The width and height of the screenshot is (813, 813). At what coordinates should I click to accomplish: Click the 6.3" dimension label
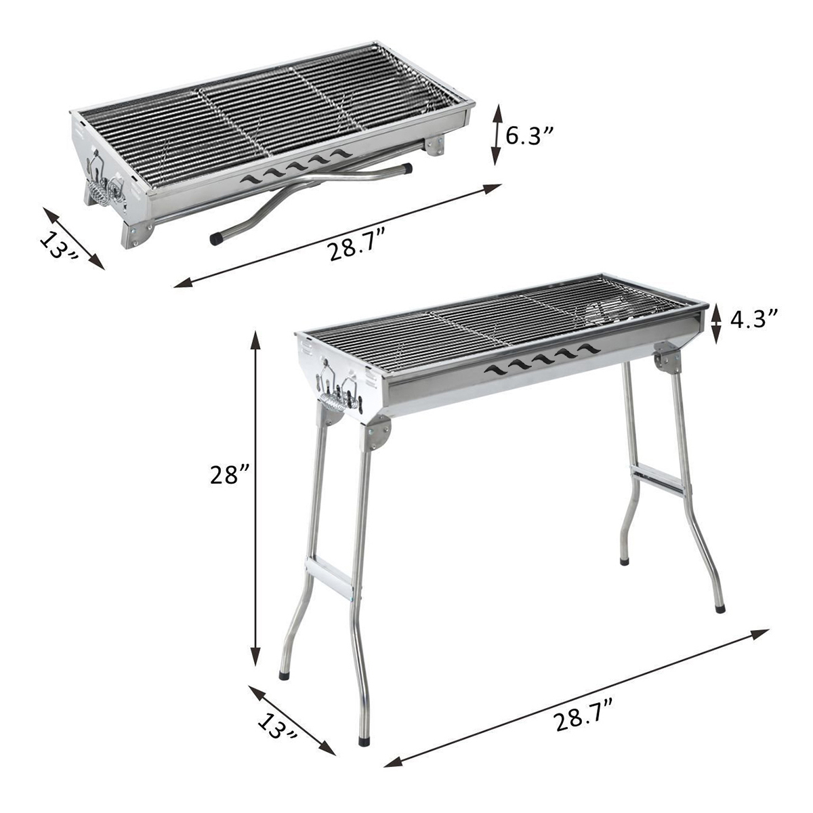pyautogui.click(x=530, y=136)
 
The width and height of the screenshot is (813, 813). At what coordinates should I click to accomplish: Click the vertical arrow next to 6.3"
pyautogui.click(x=497, y=135)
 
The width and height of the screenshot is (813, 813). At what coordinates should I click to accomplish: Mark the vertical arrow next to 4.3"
pyautogui.click(x=717, y=323)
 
